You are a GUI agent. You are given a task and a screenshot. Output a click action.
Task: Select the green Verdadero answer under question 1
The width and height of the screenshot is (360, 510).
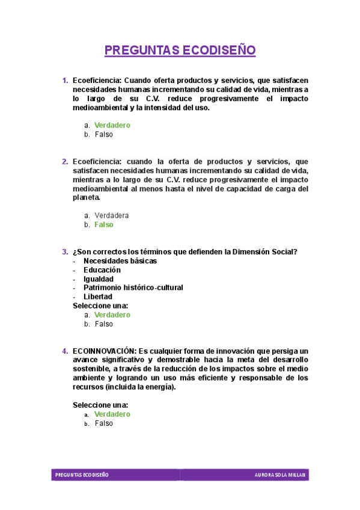[x=112, y=126]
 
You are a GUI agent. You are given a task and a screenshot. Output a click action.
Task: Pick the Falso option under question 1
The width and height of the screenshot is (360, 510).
[x=103, y=135]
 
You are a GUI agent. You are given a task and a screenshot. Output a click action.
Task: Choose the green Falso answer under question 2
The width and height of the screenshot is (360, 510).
[x=104, y=225]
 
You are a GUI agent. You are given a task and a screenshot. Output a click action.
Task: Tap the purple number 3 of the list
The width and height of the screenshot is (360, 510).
[x=64, y=252]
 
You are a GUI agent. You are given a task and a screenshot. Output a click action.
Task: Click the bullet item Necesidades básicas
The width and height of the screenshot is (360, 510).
[x=120, y=261]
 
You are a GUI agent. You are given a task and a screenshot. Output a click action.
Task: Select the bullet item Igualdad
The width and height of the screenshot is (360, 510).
[x=99, y=279]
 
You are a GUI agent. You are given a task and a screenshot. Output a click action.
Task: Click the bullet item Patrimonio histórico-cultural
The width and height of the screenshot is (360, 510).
[x=133, y=287]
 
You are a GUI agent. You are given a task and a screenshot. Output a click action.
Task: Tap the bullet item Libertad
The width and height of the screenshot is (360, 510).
[x=98, y=296]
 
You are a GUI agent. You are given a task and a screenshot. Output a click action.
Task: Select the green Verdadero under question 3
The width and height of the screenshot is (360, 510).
[x=112, y=315]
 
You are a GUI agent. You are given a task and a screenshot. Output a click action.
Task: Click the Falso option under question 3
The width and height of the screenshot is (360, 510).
[x=103, y=324]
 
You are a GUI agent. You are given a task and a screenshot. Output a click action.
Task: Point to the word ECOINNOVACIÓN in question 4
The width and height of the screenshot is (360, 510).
[x=104, y=351]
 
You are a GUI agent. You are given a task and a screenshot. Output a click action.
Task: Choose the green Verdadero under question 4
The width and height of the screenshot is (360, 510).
[x=112, y=414]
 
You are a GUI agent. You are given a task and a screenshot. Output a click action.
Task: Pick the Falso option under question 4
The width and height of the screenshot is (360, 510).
[x=103, y=423]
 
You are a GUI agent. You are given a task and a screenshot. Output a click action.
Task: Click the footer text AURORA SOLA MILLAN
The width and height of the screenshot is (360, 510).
[x=280, y=475]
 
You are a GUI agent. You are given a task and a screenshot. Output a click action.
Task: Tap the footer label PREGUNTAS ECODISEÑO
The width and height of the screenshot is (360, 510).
[x=82, y=475]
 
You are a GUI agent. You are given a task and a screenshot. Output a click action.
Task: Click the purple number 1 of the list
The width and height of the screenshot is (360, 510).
[x=64, y=81]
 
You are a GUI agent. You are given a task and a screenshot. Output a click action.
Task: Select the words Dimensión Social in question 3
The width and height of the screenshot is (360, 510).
[x=269, y=252]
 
